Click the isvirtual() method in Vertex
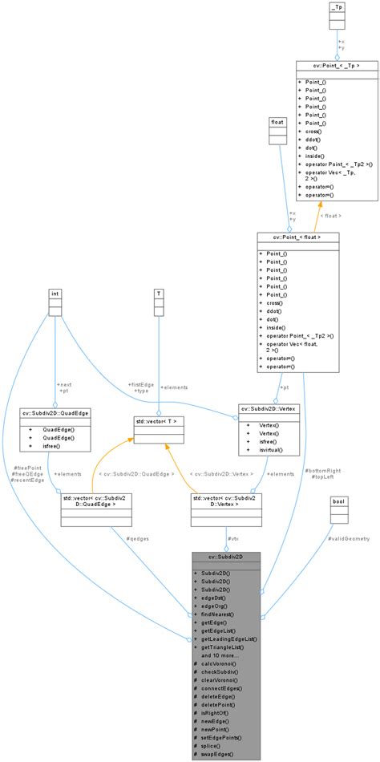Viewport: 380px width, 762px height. pyautogui.click(x=273, y=452)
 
